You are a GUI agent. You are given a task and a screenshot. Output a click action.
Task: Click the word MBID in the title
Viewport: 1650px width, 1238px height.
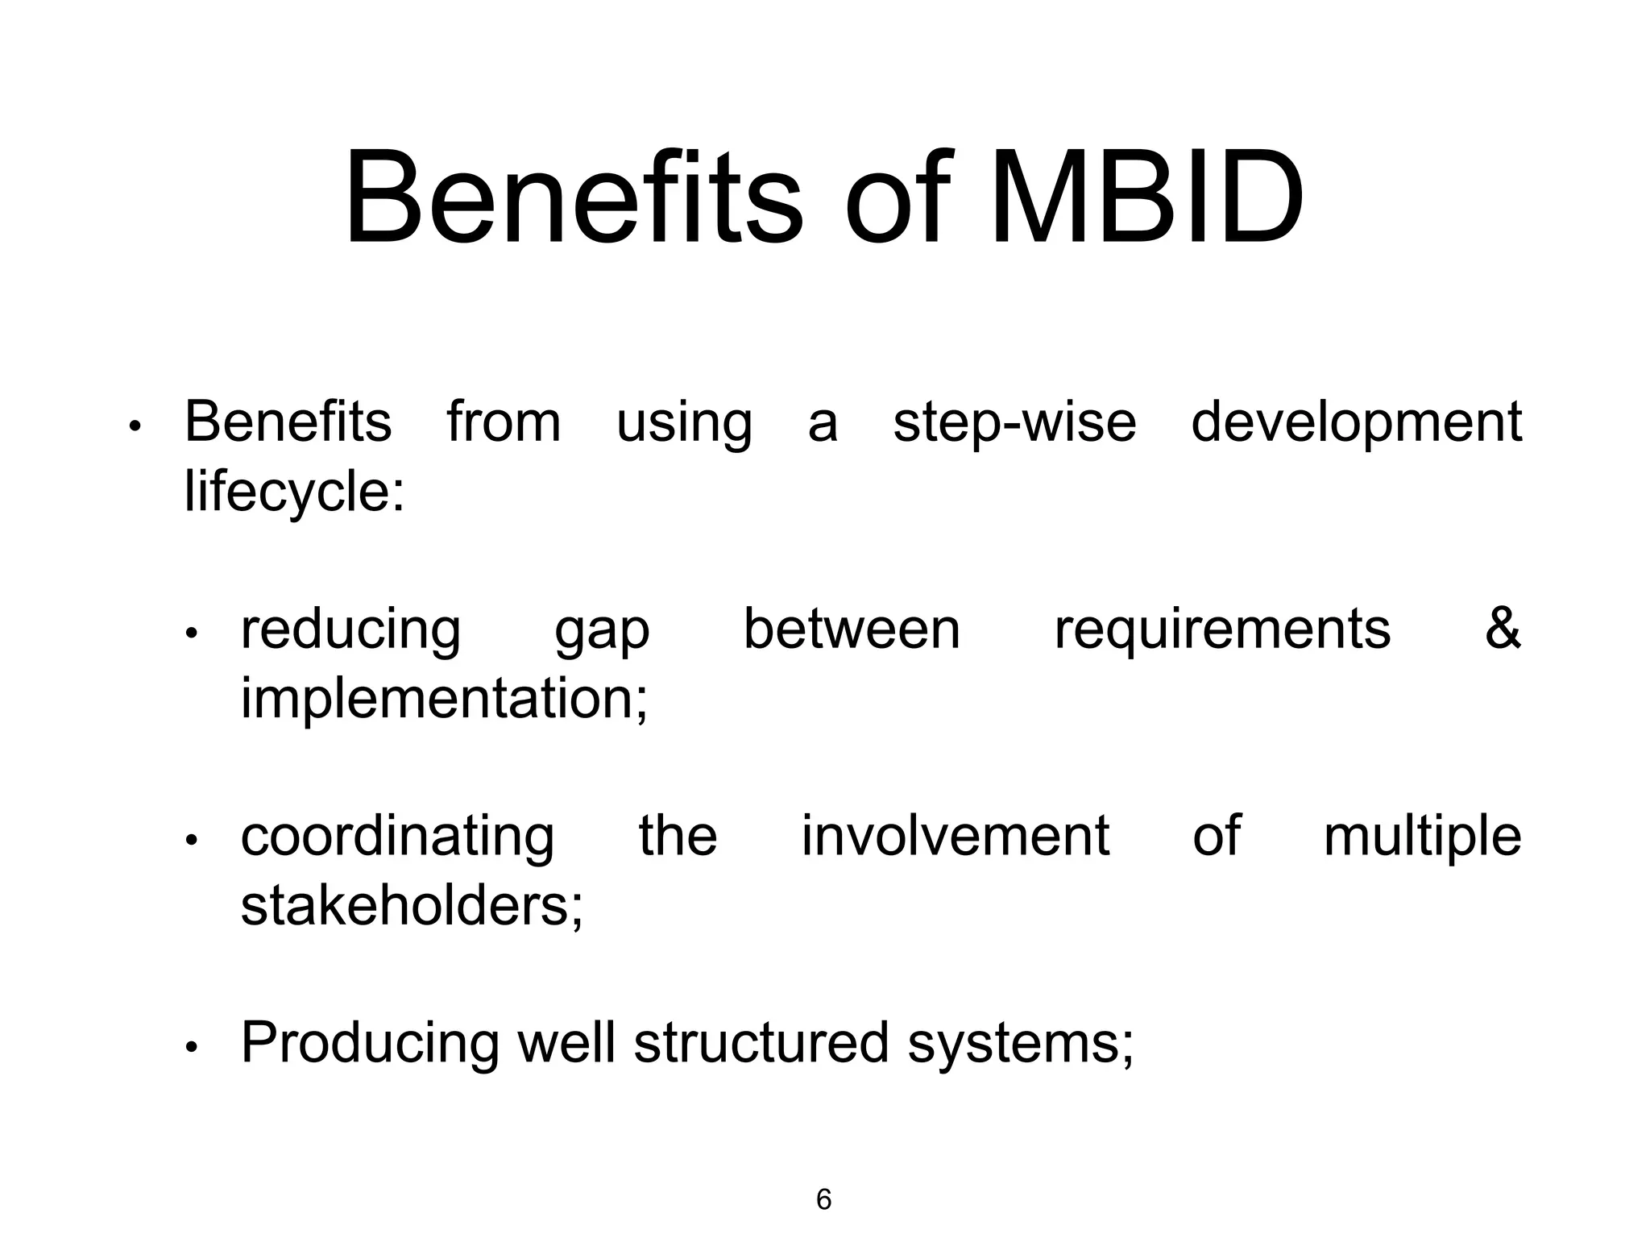pos(1146,198)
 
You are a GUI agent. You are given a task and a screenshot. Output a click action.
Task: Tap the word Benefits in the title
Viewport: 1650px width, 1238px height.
pos(574,198)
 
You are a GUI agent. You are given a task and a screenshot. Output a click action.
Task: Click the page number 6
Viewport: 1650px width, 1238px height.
pos(823,1199)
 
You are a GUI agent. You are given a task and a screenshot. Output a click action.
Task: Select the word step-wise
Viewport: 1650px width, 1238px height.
pos(1014,422)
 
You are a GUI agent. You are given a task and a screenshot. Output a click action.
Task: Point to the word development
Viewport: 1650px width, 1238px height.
pos(1356,422)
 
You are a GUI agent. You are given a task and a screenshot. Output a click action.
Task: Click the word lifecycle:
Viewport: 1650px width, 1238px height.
pos(294,492)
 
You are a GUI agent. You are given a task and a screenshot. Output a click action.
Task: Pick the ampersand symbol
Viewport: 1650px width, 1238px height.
pos(1502,629)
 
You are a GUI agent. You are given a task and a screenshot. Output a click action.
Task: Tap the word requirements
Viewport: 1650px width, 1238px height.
pos(1222,630)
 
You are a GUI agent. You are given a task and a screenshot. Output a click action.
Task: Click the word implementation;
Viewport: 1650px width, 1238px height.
pos(444,699)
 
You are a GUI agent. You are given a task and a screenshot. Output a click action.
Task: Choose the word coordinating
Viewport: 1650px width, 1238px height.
pos(397,837)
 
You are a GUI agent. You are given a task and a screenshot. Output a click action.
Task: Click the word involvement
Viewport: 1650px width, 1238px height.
pos(955,836)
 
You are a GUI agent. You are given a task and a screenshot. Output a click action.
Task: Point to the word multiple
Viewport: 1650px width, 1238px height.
pos(1422,837)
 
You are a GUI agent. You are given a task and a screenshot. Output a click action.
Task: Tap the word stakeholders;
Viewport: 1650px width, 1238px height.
pos(412,906)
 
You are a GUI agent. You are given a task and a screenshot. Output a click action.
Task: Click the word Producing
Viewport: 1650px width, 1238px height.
pos(370,1045)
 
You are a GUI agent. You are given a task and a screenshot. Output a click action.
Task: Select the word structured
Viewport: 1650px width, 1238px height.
pos(761,1043)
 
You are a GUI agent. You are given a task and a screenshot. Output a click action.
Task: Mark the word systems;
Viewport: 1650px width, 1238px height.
pos(1020,1045)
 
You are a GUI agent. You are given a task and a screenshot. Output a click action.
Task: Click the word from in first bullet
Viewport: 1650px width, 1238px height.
pos(504,422)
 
